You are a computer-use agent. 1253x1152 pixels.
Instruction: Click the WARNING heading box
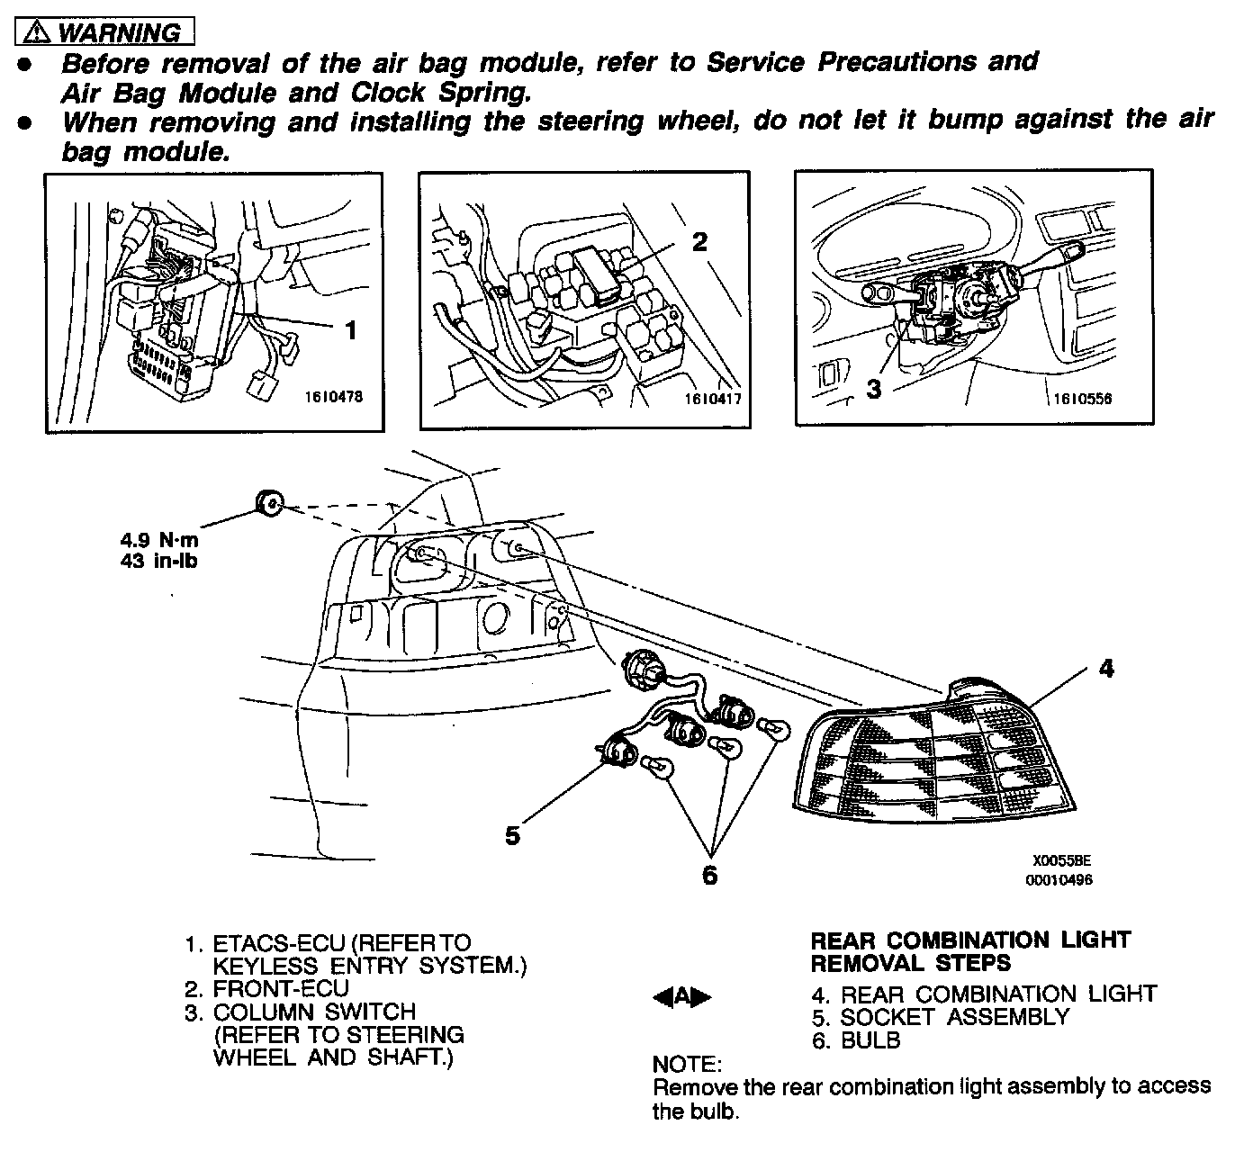point(105,33)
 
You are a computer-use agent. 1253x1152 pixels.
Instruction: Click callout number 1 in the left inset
point(351,330)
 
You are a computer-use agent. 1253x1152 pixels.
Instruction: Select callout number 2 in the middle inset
point(699,241)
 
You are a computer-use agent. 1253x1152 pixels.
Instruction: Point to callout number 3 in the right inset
point(873,390)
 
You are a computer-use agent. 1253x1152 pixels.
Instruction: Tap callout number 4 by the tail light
point(1106,669)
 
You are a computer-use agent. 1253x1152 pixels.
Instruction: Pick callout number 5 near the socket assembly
point(512,835)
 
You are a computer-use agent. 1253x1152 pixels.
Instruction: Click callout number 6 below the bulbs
point(710,874)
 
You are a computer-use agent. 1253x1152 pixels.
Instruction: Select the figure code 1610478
point(333,396)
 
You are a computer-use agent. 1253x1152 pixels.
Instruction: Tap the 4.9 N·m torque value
point(159,541)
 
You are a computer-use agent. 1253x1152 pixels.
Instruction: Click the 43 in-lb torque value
point(158,561)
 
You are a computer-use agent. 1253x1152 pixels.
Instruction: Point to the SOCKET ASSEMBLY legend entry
point(954,1017)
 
